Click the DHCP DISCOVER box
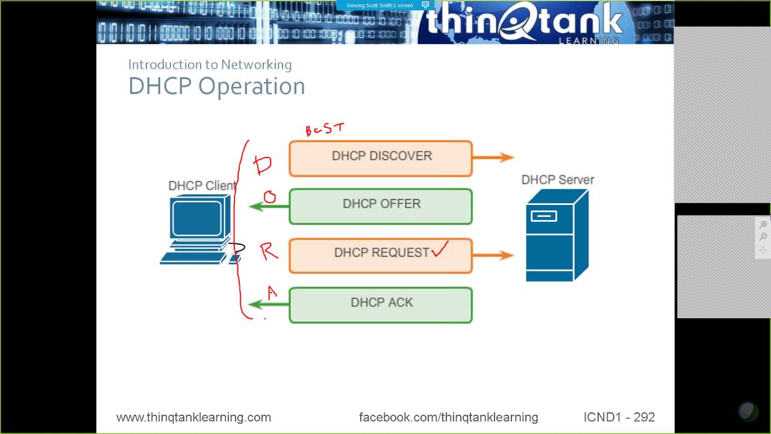click(x=381, y=159)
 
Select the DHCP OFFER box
click(x=381, y=206)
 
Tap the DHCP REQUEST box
click(x=381, y=256)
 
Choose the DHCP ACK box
click(x=381, y=305)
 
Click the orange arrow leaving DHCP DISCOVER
click(x=493, y=157)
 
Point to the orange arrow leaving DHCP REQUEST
click(x=493, y=255)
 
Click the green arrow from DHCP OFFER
click(x=269, y=207)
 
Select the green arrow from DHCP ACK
click(x=269, y=304)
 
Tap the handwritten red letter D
click(x=263, y=165)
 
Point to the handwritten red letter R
click(x=269, y=251)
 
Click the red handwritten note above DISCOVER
click(x=325, y=129)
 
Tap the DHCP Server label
click(x=558, y=180)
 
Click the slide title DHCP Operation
click(x=216, y=86)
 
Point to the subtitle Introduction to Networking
click(x=210, y=64)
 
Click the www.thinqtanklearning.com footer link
click(x=193, y=417)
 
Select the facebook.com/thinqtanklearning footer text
click(x=448, y=417)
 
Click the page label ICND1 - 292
click(x=619, y=417)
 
